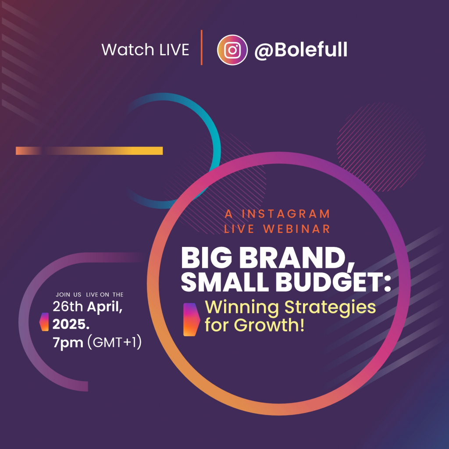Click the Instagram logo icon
coord(232,50)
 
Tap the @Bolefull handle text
coord(301,50)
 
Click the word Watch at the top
coord(128,50)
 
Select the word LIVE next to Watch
coord(174,50)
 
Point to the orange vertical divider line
coord(202,47)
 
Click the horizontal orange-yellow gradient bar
coord(89,151)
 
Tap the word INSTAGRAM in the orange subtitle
coord(286,214)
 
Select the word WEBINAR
coord(297,229)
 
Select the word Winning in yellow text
coord(242,308)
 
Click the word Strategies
coord(330,308)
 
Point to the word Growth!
coord(269,325)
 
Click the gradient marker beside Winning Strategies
coord(192,319)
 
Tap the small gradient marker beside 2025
coord(44,321)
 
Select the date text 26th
coord(68,306)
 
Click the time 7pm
coord(68,342)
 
